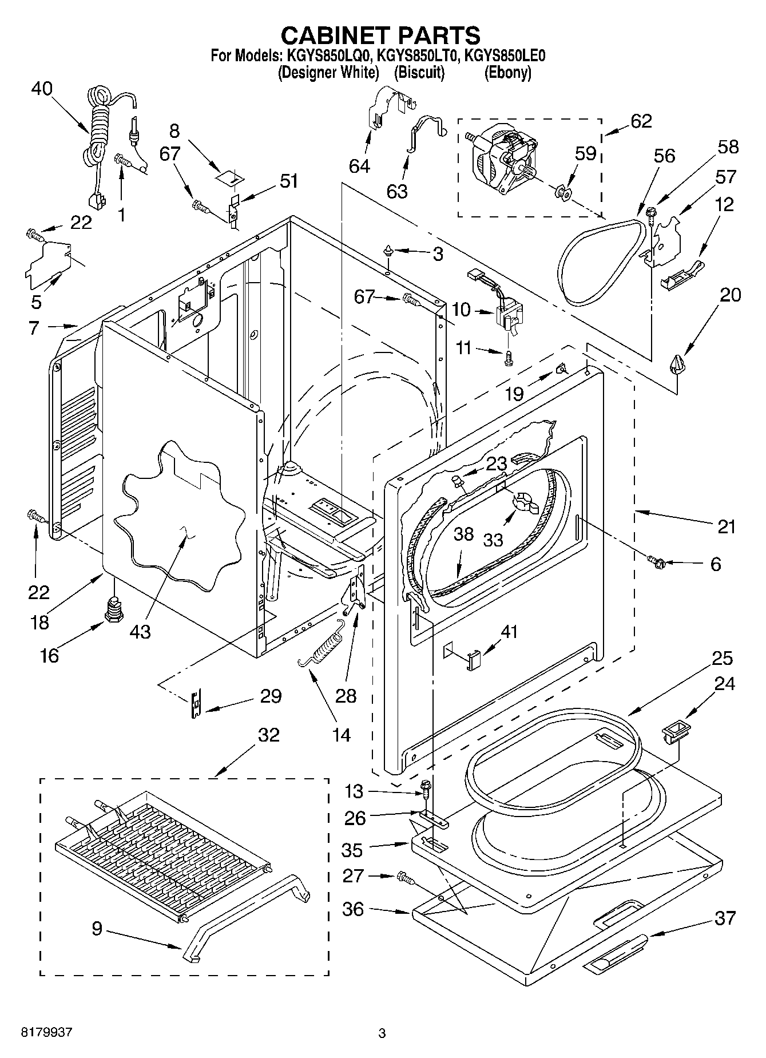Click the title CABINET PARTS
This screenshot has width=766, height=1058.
click(380, 35)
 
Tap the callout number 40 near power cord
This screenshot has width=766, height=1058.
click(42, 89)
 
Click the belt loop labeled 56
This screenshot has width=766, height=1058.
click(595, 260)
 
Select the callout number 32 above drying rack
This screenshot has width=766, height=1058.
click(268, 734)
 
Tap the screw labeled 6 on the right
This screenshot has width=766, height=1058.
click(656, 562)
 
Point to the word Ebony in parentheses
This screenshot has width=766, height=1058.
click(507, 73)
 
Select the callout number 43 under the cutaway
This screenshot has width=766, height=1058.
click(140, 631)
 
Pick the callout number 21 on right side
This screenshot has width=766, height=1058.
click(726, 526)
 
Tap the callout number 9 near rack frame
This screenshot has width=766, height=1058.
click(97, 928)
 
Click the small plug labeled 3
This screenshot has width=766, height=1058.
click(388, 249)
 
